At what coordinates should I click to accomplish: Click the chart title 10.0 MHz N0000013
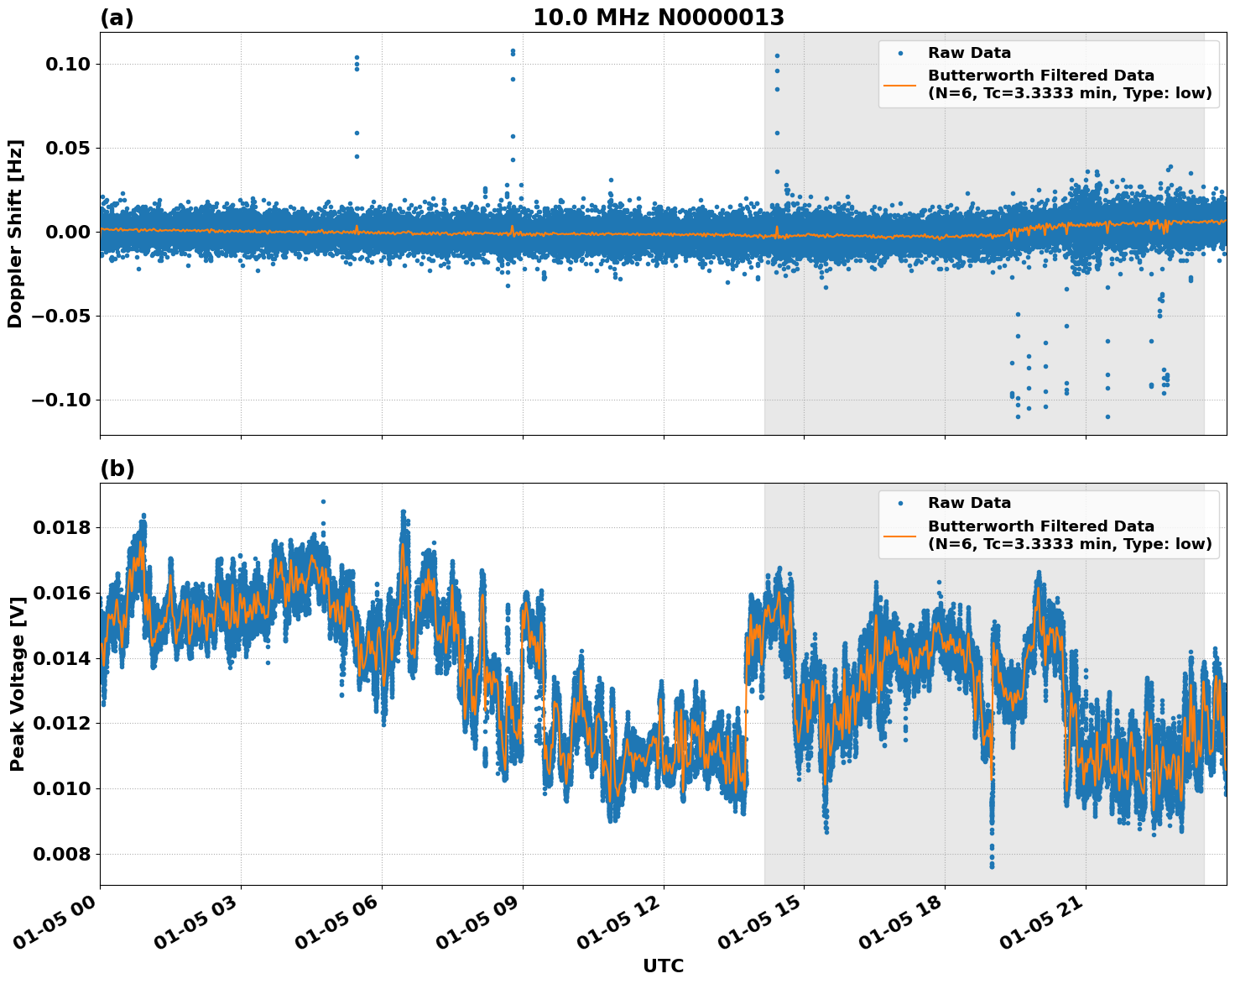659,18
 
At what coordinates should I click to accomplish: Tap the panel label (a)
117,18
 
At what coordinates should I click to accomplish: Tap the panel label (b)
117,468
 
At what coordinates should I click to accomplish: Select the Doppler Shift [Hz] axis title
15,233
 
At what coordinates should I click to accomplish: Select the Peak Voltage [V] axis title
17,684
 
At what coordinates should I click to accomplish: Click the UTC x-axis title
663,966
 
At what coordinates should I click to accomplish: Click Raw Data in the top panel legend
969,53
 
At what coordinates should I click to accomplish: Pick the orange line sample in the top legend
899,85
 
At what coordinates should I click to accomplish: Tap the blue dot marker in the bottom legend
900,504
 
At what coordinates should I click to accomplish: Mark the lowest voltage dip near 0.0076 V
992,865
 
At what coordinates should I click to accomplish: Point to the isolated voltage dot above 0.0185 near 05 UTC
323,501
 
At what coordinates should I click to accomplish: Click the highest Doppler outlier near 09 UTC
513,50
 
